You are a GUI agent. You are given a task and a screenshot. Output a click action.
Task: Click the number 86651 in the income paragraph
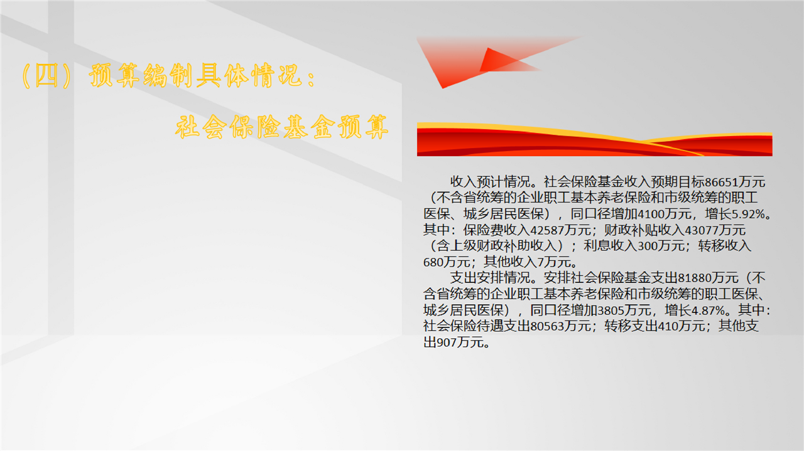pos(721,182)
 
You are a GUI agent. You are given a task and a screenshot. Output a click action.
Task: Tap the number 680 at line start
pos(433,262)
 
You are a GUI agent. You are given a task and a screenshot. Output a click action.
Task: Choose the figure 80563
pos(546,326)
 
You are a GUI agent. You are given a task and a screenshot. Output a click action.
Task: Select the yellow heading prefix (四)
pos(47,76)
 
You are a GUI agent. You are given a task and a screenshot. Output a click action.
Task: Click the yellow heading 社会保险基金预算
pos(282,127)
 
